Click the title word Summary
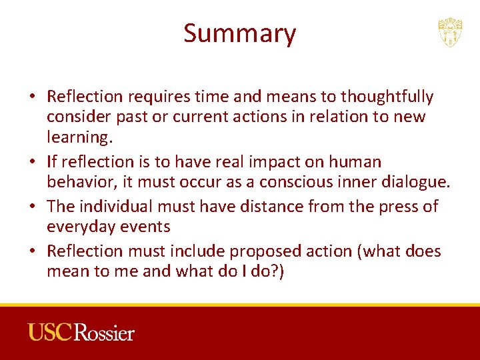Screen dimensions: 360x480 239,33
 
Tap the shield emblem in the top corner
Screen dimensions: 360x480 450,32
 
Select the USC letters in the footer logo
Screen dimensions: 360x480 50,331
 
